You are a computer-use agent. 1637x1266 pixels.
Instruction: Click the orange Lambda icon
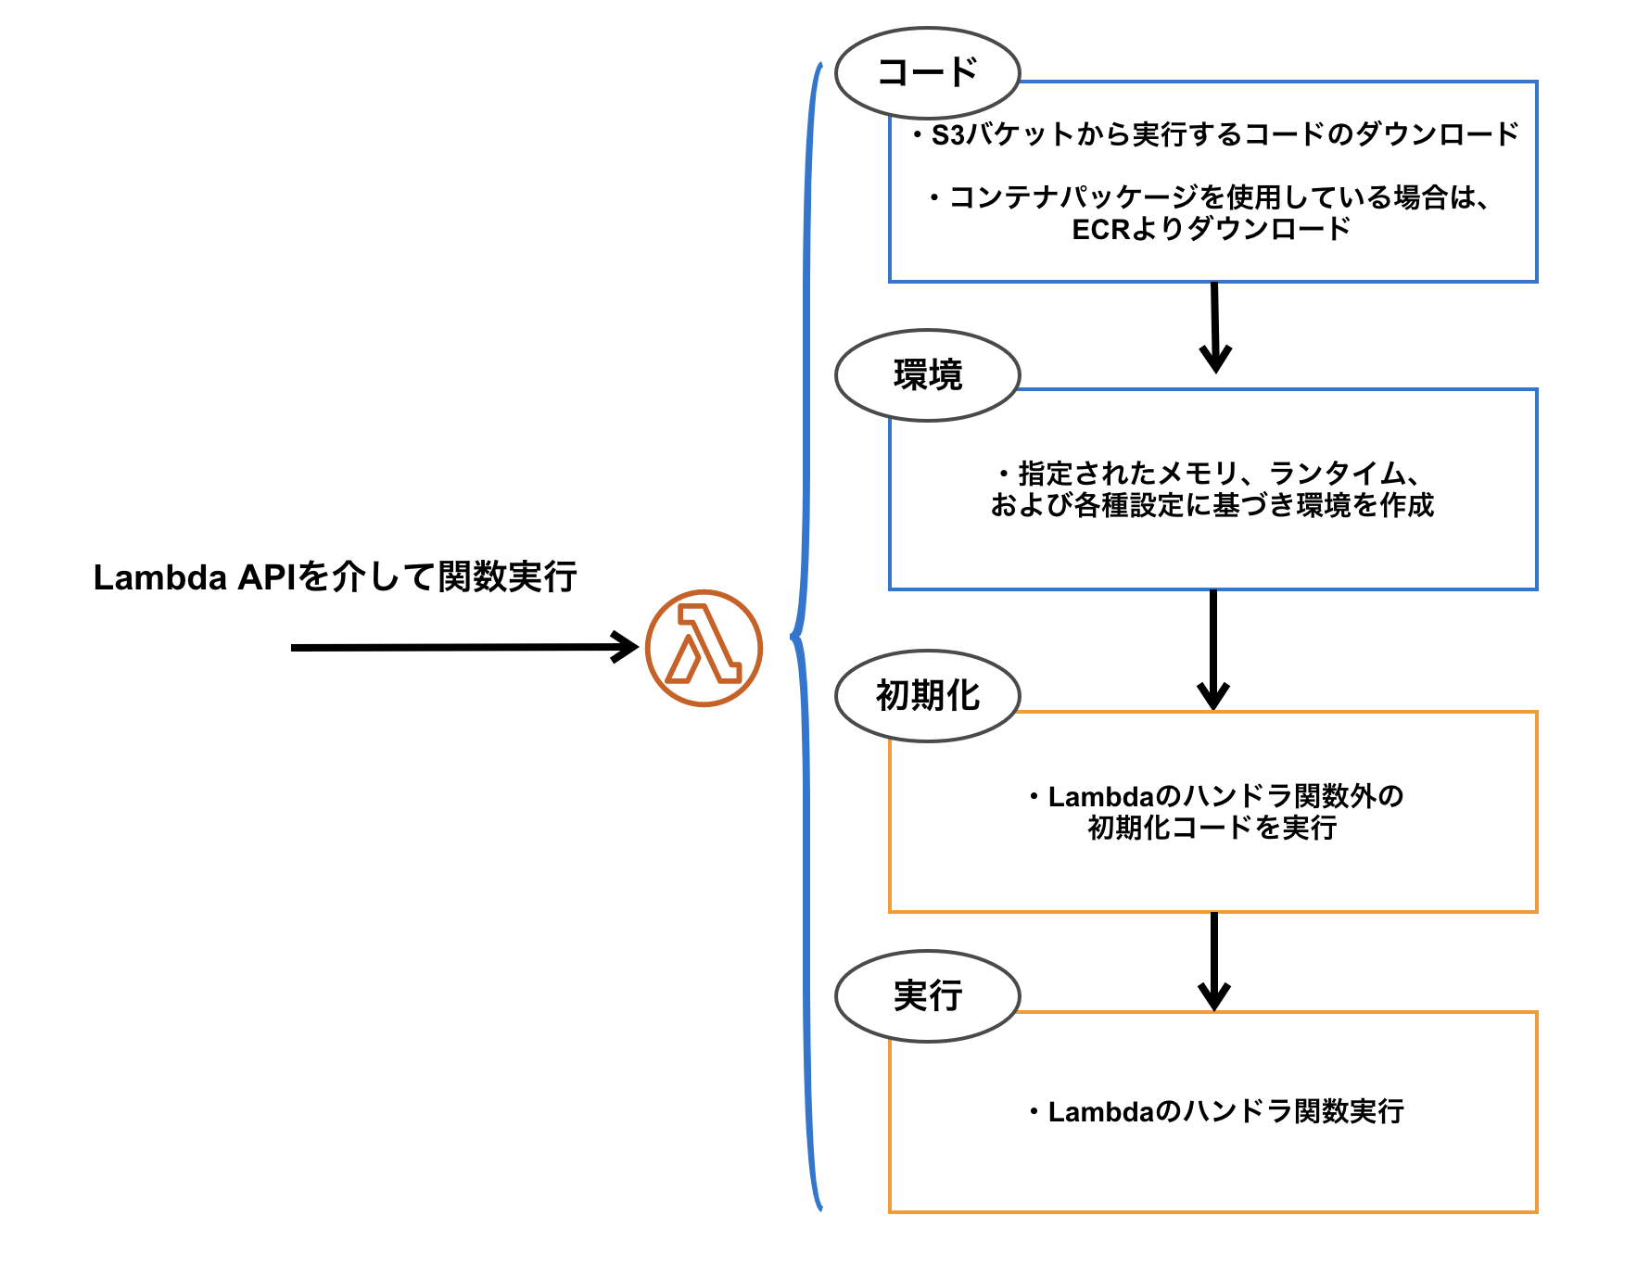click(704, 648)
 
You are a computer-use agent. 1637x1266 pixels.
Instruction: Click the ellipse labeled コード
click(927, 72)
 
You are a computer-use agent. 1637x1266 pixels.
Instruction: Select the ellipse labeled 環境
click(927, 375)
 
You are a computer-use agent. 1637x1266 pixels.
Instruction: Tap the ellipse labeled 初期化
click(927, 695)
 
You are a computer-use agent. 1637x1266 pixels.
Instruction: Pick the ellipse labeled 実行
click(927, 995)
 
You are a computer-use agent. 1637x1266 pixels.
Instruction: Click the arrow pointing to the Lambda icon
click(463, 647)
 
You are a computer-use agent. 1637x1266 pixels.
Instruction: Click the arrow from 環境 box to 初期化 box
click(1212, 649)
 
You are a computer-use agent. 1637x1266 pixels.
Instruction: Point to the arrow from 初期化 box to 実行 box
click(1213, 960)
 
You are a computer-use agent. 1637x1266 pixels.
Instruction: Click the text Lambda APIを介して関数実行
click(335, 577)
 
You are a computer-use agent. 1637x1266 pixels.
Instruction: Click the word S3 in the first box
click(948, 135)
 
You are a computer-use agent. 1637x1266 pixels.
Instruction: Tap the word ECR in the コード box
click(1100, 229)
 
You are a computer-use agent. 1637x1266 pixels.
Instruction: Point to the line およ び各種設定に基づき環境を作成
click(1212, 505)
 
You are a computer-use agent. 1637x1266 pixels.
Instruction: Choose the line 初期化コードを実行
click(1212, 827)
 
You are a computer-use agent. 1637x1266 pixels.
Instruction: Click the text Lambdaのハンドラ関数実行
click(1225, 1111)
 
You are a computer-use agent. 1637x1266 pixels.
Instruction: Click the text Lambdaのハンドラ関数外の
click(1225, 796)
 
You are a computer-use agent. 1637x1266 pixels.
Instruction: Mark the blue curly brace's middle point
click(794, 636)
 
